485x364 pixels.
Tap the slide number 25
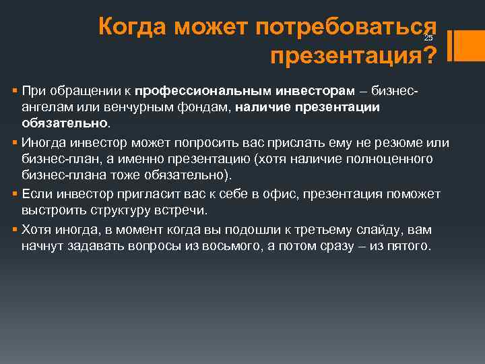coord(428,38)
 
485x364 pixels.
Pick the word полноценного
coord(392,159)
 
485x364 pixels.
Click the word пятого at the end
coord(406,246)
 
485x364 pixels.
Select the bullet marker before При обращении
coord(15,91)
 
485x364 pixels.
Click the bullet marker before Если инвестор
coord(15,195)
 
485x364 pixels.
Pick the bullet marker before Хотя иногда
coord(15,230)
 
